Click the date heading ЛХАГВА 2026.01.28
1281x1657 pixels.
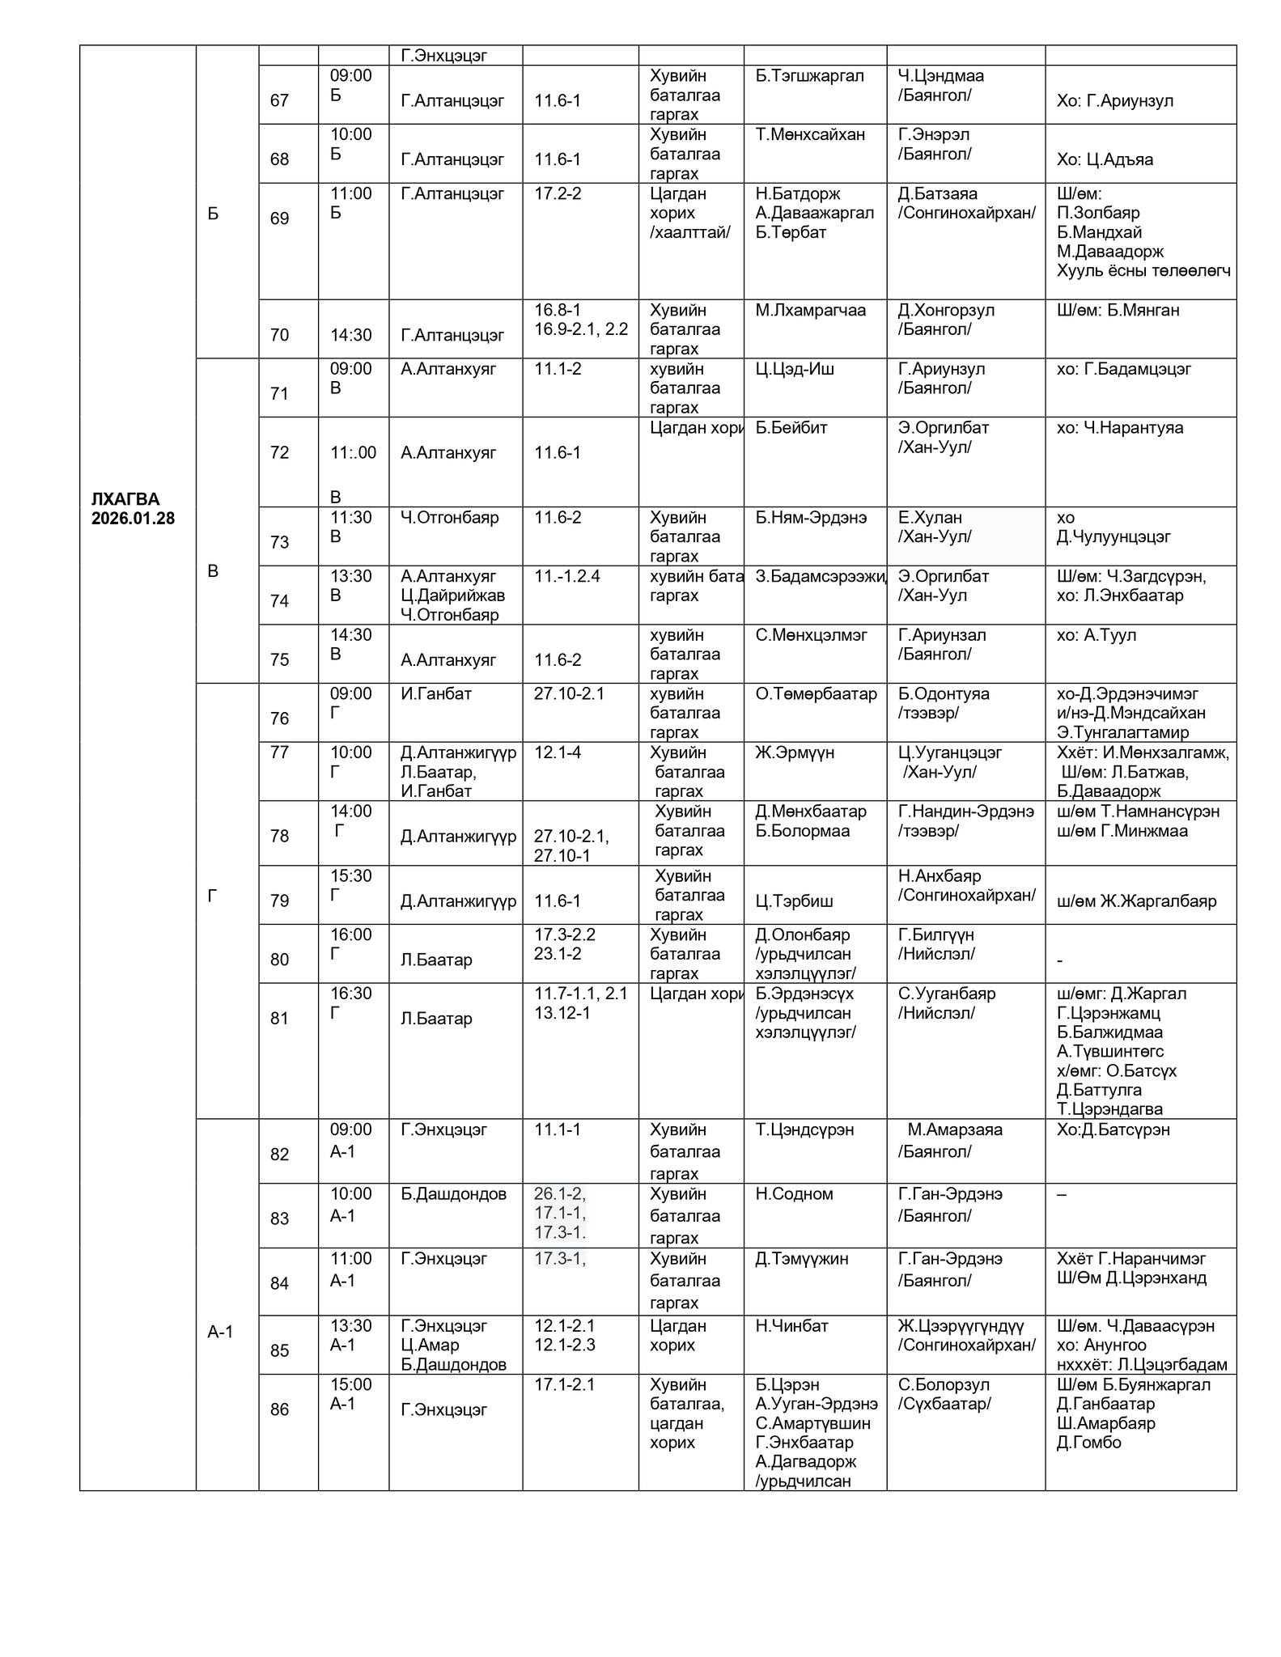[133, 508]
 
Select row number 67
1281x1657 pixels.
[279, 100]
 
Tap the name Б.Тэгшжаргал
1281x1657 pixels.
[809, 76]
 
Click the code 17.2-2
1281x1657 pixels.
[558, 194]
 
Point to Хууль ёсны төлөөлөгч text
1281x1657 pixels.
[1143, 271]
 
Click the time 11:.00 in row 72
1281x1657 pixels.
[353, 453]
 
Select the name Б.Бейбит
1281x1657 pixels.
[791, 428]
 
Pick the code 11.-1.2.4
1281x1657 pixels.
[566, 577]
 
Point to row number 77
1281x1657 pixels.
[279, 752]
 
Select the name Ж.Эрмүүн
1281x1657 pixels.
[795, 753]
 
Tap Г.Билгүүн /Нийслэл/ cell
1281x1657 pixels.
[936, 944]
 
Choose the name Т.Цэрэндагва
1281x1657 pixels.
[1109, 1109]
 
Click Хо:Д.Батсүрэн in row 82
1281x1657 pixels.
[1113, 1130]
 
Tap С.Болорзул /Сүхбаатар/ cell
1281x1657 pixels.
[944, 1394]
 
